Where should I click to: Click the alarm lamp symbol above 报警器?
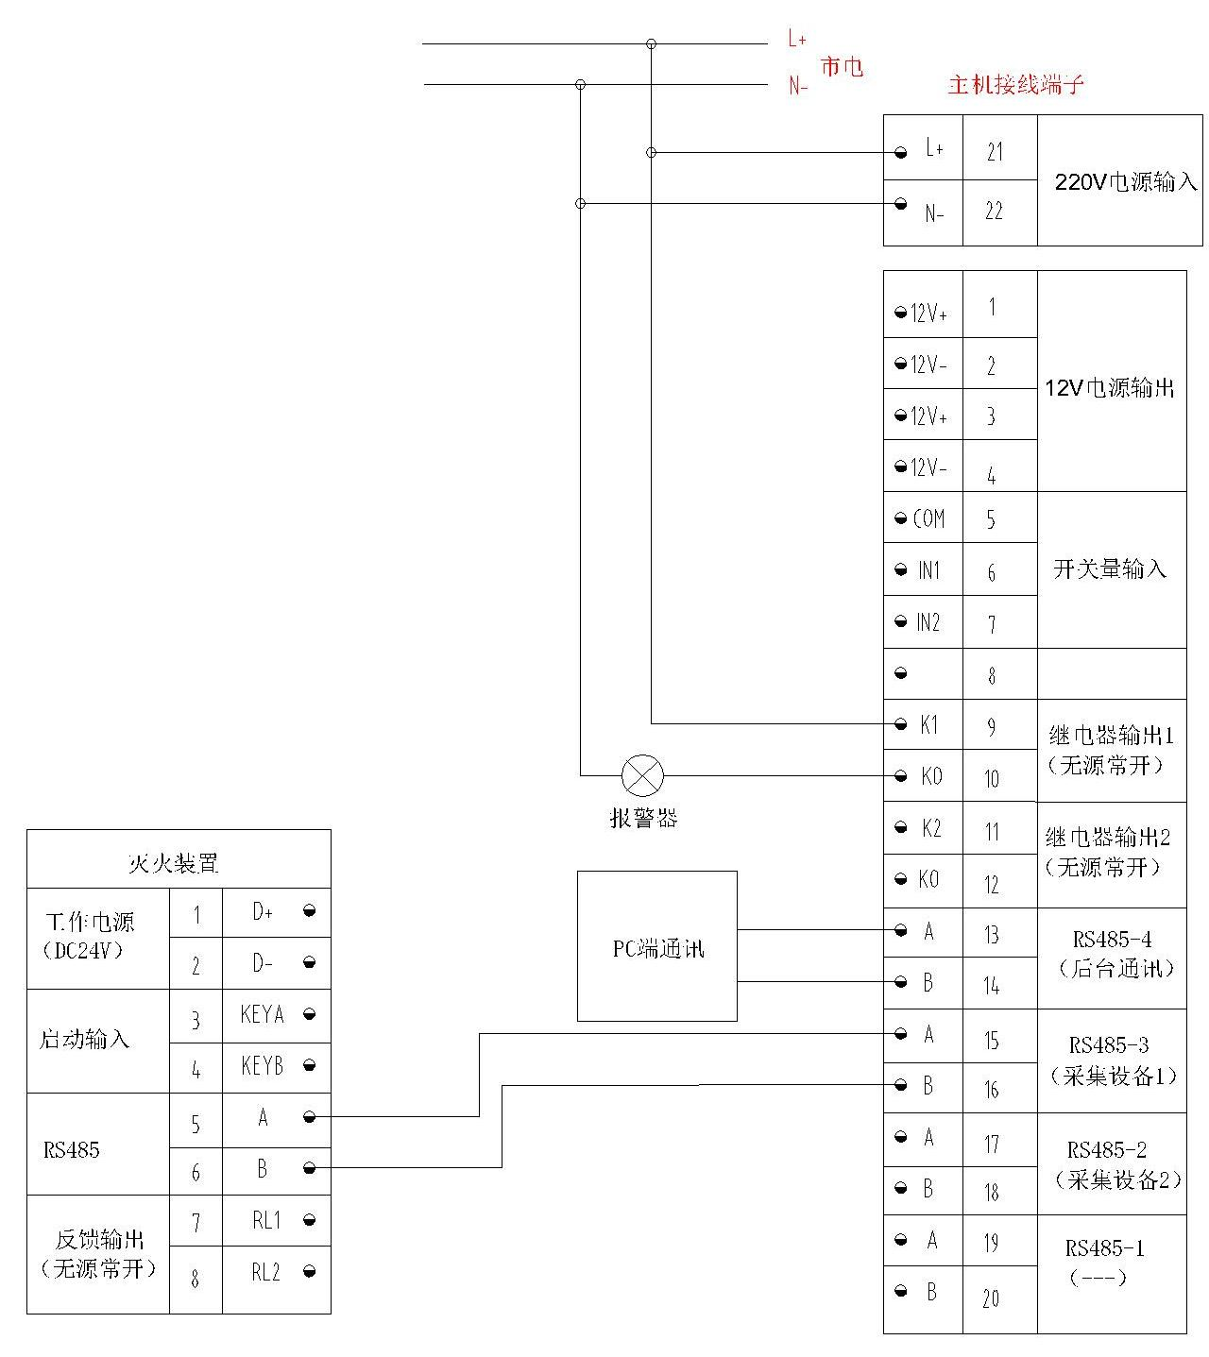pos(642,776)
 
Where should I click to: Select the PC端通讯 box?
pos(657,947)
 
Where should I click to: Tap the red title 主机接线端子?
pos(1015,85)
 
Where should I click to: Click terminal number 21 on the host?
pos(995,152)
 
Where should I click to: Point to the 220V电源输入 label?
pos(1125,182)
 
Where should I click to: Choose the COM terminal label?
pos(928,518)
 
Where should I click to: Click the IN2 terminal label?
pos(928,622)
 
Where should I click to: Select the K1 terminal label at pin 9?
pos(929,724)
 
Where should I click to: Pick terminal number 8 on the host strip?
pos(991,676)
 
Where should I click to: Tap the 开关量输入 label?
pos(1110,568)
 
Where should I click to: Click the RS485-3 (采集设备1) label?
pos(1112,1060)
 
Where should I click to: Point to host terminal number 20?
pos(991,1298)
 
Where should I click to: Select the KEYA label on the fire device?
pos(262,1015)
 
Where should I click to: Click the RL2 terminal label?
pos(265,1272)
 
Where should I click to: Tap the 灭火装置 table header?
pos(173,863)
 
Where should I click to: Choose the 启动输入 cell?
pos(84,1040)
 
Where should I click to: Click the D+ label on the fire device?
pos(263,912)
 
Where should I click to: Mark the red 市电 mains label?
pos(842,66)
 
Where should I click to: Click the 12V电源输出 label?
pos(1110,387)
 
